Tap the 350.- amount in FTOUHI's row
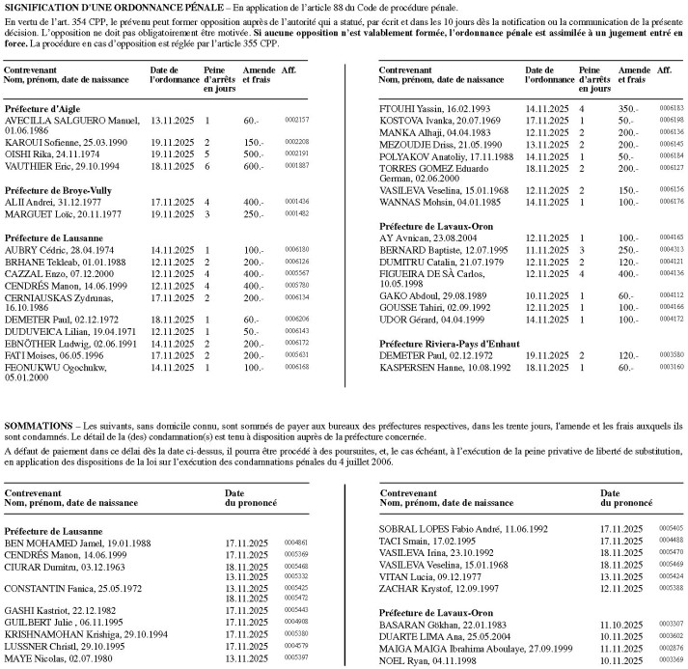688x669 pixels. pyautogui.click(x=629, y=109)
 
